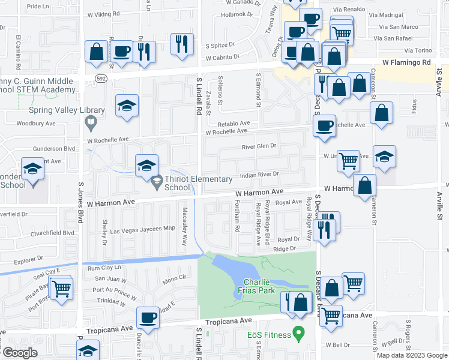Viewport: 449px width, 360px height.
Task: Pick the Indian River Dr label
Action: click(x=259, y=175)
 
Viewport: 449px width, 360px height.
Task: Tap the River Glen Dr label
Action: click(x=259, y=145)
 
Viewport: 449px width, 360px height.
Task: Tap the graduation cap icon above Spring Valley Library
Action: click(x=127, y=106)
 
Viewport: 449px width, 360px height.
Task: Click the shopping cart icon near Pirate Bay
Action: click(x=60, y=288)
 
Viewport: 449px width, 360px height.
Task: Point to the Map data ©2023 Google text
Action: click(x=412, y=355)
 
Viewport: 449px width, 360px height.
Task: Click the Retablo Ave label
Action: click(x=234, y=122)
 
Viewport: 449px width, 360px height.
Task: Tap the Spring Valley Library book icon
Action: click(x=90, y=124)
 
